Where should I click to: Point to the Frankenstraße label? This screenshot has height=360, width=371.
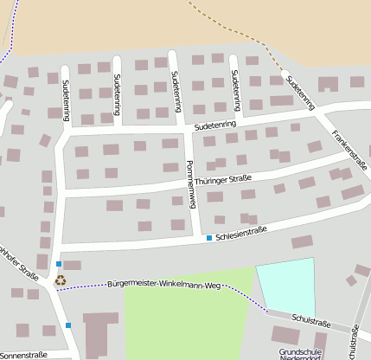pyautogui.click(x=349, y=151)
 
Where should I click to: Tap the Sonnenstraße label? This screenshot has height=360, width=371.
pyautogui.click(x=23, y=355)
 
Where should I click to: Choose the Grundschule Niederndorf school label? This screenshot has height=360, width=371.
pyautogui.click(x=300, y=355)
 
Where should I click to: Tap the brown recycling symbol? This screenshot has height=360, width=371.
pyautogui.click(x=60, y=280)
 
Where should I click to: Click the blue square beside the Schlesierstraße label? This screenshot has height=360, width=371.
pyautogui.click(x=208, y=237)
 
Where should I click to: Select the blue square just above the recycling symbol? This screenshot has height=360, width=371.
pyautogui.click(x=59, y=263)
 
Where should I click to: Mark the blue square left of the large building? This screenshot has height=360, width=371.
pyautogui.click(x=68, y=325)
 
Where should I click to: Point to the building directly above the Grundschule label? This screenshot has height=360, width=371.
pyautogui.click(x=285, y=335)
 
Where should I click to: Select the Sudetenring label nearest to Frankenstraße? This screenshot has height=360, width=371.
pyautogui.click(x=301, y=94)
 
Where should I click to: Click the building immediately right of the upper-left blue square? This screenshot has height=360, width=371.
pyautogui.click(x=73, y=265)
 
